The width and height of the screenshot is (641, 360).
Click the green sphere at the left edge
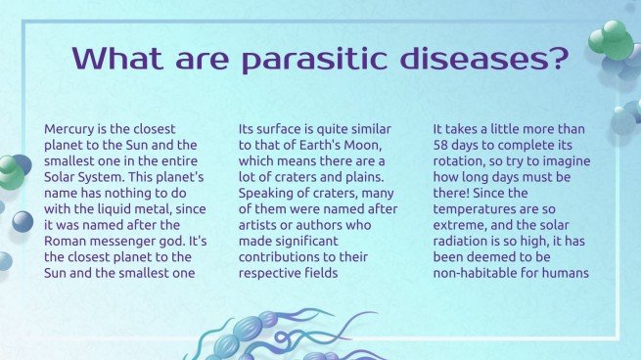(x=10, y=172)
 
